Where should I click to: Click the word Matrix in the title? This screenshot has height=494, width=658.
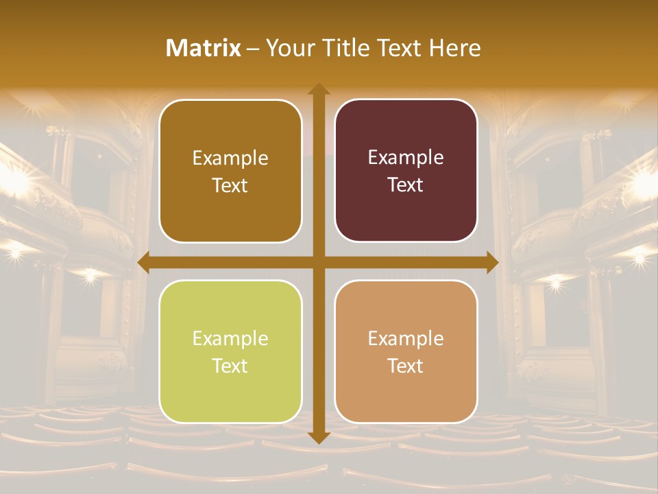tap(204, 48)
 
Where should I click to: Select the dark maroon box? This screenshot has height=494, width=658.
tap(406, 170)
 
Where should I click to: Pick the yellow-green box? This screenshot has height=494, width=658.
tap(230, 351)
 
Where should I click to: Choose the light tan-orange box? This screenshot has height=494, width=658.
tap(406, 351)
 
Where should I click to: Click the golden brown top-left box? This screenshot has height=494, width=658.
tap(230, 170)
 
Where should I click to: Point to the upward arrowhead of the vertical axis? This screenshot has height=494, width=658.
tap(318, 89)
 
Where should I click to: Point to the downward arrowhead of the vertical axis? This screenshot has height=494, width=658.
tap(318, 437)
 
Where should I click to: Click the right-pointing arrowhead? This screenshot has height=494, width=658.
tap(491, 263)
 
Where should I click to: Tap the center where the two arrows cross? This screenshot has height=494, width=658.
tap(318, 263)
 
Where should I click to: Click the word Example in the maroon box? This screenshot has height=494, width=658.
tap(406, 157)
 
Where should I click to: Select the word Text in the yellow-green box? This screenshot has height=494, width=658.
tap(230, 366)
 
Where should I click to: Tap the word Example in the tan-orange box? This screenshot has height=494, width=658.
tap(406, 338)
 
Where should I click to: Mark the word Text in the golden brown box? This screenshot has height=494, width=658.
tap(230, 185)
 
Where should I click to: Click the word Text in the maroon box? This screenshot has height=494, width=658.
tap(406, 185)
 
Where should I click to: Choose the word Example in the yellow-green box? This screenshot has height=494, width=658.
tap(230, 338)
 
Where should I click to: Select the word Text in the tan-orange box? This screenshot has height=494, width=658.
tap(406, 366)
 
